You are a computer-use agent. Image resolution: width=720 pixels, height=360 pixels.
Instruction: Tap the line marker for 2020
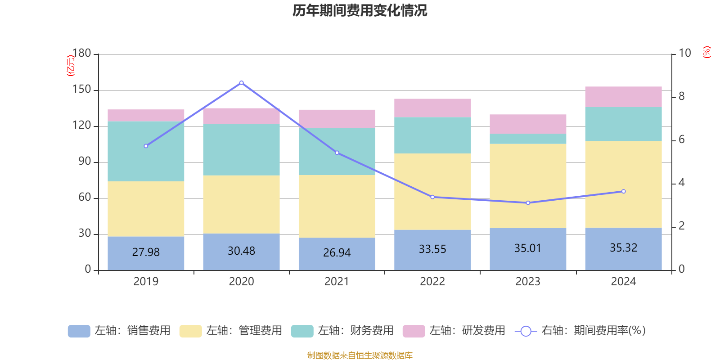(x=242, y=83)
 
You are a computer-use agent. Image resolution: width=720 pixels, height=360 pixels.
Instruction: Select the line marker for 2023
(x=528, y=203)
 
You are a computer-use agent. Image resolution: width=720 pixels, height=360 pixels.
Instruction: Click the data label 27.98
(x=146, y=252)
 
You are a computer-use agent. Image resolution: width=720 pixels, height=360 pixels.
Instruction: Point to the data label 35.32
(x=623, y=248)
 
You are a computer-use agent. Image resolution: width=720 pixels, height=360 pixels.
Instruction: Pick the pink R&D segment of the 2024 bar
(x=623, y=97)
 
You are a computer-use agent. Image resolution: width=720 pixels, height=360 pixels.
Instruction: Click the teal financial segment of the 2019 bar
(x=146, y=151)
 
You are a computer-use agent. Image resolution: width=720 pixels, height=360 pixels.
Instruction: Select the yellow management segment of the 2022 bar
(x=432, y=192)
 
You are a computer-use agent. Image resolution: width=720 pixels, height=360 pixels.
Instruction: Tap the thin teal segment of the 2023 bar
(x=528, y=139)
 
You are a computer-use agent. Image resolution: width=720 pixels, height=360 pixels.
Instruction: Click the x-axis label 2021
(x=337, y=282)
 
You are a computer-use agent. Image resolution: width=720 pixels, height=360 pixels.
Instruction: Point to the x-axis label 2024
(x=623, y=282)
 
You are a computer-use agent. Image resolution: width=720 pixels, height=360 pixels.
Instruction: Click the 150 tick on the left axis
(x=81, y=90)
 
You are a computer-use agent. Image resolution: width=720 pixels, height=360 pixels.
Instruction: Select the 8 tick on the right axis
(x=681, y=96)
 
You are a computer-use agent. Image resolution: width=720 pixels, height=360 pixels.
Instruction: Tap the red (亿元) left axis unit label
(x=71, y=66)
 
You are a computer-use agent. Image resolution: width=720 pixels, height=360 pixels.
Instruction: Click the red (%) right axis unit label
(x=707, y=52)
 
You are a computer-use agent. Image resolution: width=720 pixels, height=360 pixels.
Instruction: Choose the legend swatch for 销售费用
(x=79, y=331)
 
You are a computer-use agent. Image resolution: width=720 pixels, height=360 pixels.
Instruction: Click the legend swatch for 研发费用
(x=414, y=331)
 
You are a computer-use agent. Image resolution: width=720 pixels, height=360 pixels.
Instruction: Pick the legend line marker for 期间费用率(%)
(x=526, y=331)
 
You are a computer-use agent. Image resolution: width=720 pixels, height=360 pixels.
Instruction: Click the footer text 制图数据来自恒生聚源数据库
(x=360, y=355)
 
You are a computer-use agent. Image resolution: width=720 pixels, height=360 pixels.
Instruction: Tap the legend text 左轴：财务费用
(x=355, y=331)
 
